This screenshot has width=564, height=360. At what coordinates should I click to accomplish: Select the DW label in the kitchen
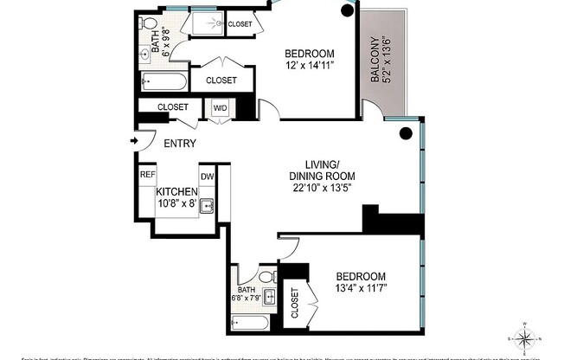point(208,177)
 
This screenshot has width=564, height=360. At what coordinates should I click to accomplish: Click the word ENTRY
point(178,144)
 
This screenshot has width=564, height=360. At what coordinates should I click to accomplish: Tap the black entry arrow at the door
point(134,140)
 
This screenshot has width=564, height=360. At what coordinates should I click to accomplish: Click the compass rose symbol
point(527,336)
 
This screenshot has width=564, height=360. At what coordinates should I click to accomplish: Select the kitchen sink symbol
point(207,205)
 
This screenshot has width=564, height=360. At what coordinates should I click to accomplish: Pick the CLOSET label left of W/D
point(172,107)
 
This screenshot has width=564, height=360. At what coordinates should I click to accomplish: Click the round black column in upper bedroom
point(347,10)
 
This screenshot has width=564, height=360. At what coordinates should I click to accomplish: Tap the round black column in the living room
point(405,133)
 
